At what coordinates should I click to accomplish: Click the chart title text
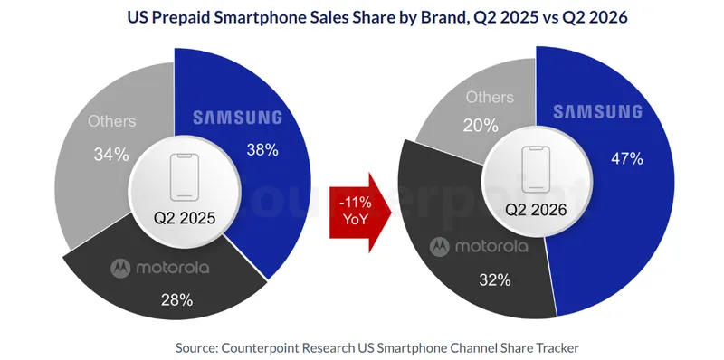377,18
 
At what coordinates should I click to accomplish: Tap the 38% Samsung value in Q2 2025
262,149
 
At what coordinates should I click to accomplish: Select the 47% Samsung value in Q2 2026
626,159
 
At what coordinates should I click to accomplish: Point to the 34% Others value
111,154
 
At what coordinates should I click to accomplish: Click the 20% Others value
481,126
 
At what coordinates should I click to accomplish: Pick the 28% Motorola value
176,300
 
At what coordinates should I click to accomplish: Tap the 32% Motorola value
494,279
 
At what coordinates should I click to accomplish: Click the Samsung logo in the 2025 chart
237,118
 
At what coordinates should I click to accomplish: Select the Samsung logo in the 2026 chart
598,111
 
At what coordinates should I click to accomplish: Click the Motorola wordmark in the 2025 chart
173,268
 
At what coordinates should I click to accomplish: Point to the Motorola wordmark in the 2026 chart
491,246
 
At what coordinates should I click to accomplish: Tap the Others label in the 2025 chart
112,121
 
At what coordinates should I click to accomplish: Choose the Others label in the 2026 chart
490,98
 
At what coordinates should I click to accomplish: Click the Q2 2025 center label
185,218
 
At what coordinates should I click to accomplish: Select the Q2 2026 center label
536,210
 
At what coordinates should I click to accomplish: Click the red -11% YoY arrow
360,213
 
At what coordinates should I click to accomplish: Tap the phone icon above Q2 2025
185,177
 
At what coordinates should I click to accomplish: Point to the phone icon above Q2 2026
536,169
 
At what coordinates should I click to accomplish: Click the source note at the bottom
376,347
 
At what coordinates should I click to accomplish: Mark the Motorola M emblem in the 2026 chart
439,247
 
